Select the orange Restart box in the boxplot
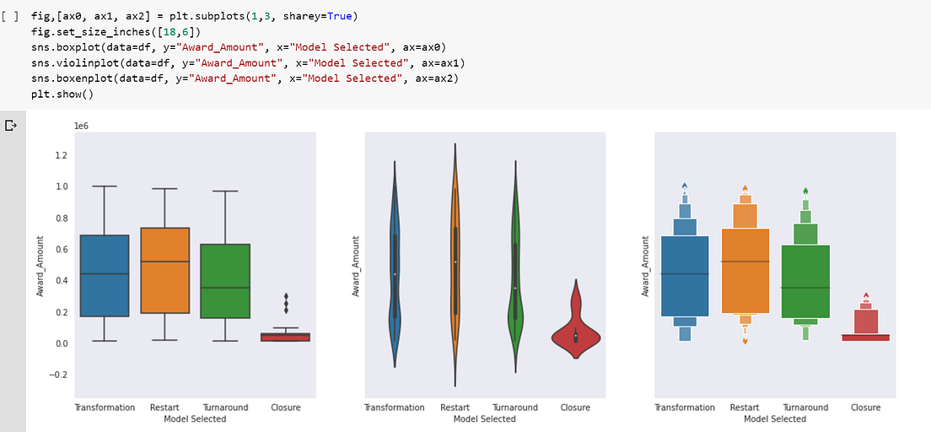tap(165, 270)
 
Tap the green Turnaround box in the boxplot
tap(225, 281)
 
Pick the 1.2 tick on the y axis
tap(61, 155)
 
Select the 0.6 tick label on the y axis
tap(61, 249)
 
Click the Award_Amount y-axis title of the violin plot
tap(357, 266)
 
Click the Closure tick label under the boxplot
tap(286, 408)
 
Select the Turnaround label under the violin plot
tap(515, 408)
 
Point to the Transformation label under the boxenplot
tap(685, 408)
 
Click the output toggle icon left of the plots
tap(11, 126)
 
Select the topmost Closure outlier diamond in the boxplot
tap(286, 297)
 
